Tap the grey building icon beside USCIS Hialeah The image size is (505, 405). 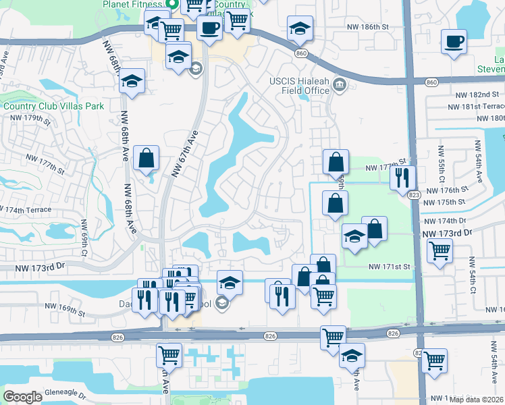point(339,86)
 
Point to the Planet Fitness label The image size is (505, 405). point(134,4)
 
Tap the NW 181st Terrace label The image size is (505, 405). point(476,107)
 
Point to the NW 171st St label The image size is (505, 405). point(390,267)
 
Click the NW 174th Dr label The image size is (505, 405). point(443,221)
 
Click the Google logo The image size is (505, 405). point(22,397)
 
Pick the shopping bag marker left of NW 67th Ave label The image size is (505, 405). point(147,159)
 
